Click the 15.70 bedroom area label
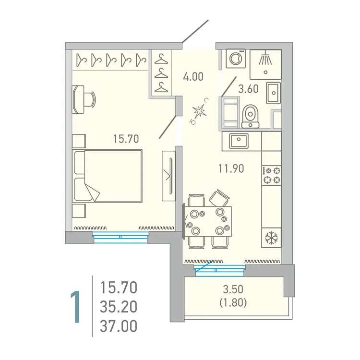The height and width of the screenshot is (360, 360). [x=126, y=139]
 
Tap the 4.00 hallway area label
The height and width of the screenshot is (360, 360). [x=194, y=76]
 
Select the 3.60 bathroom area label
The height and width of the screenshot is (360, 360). [x=249, y=88]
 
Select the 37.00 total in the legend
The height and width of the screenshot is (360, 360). [x=119, y=326]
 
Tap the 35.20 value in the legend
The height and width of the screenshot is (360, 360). [x=119, y=307]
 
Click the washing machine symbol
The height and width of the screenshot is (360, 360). [x=236, y=59]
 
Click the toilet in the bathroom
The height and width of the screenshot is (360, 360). [x=250, y=116]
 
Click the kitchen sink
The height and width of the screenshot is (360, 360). [x=237, y=141]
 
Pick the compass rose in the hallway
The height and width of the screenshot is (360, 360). [x=200, y=111]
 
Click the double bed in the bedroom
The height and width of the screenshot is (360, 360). [x=108, y=176]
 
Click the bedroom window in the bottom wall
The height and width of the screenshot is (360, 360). [x=120, y=236]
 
